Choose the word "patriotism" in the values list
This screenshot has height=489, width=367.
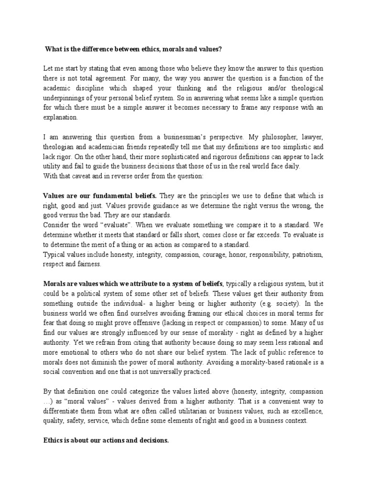(308, 254)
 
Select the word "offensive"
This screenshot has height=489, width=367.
(146, 322)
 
